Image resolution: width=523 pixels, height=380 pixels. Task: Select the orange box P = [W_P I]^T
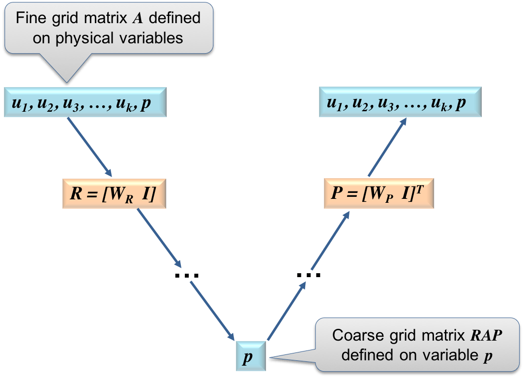[378, 194]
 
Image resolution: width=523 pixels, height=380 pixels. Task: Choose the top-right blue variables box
[400, 102]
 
